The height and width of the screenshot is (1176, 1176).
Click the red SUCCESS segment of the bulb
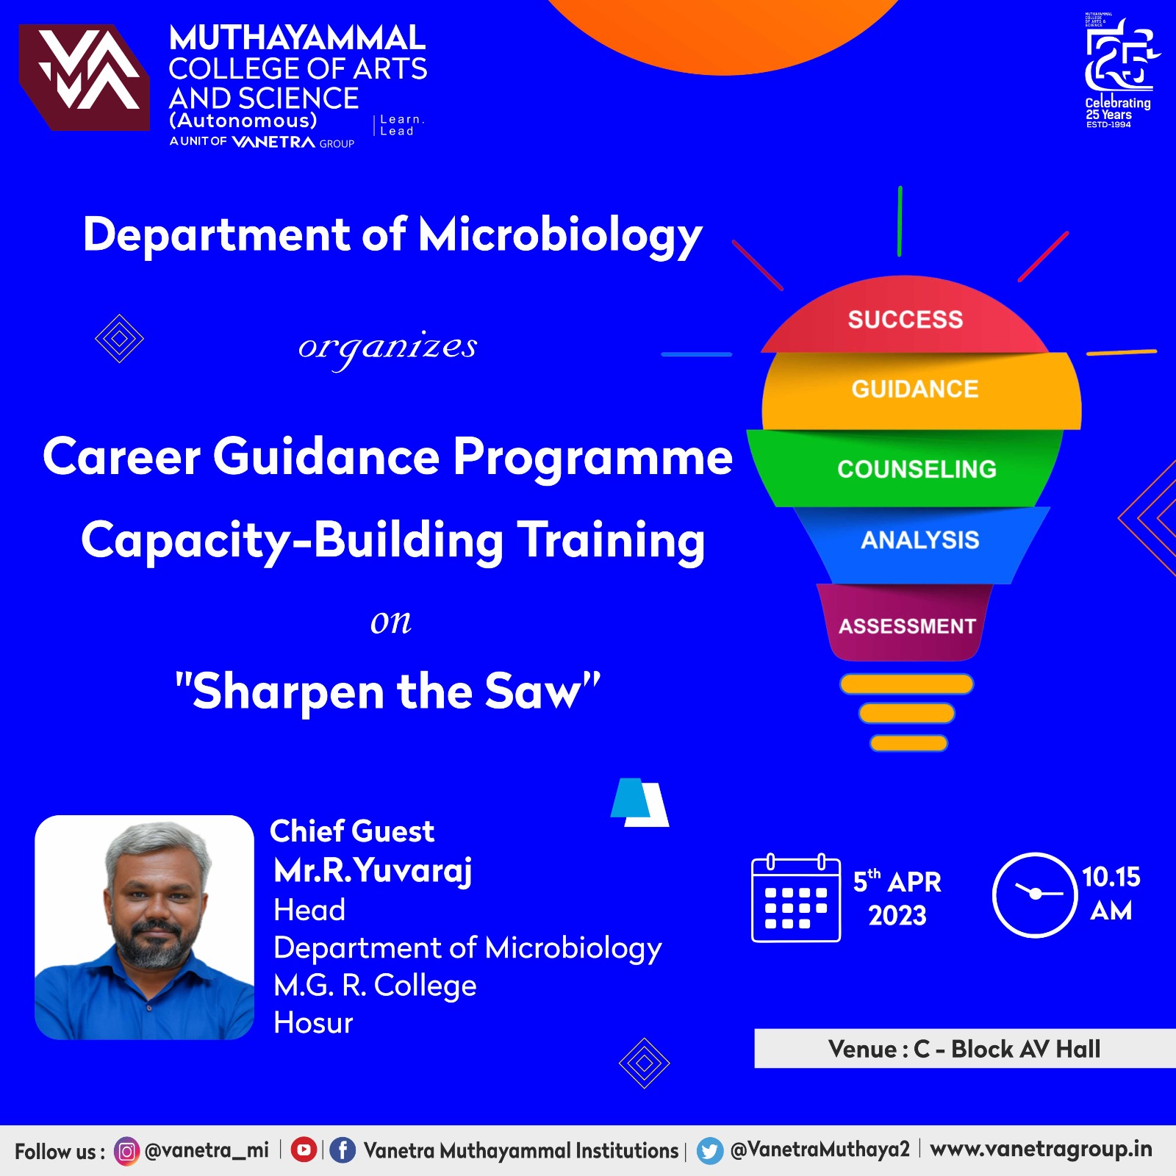[x=906, y=318]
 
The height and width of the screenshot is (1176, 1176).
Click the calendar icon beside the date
[x=796, y=898]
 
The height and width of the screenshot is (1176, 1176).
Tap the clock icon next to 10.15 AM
[x=1035, y=894]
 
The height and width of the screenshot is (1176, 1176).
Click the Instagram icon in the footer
[x=126, y=1151]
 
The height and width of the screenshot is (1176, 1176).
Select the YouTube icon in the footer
[x=304, y=1150]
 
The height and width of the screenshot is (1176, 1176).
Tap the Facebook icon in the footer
[x=342, y=1150]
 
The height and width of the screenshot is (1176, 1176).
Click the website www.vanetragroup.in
[x=1041, y=1150]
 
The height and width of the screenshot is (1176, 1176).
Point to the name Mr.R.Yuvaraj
[x=373, y=871]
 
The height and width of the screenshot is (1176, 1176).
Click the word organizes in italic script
[x=387, y=348]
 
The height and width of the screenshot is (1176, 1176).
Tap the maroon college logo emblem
[x=85, y=77]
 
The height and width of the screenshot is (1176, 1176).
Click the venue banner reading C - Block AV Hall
[x=964, y=1049]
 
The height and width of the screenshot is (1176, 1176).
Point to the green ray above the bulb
[x=900, y=221]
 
